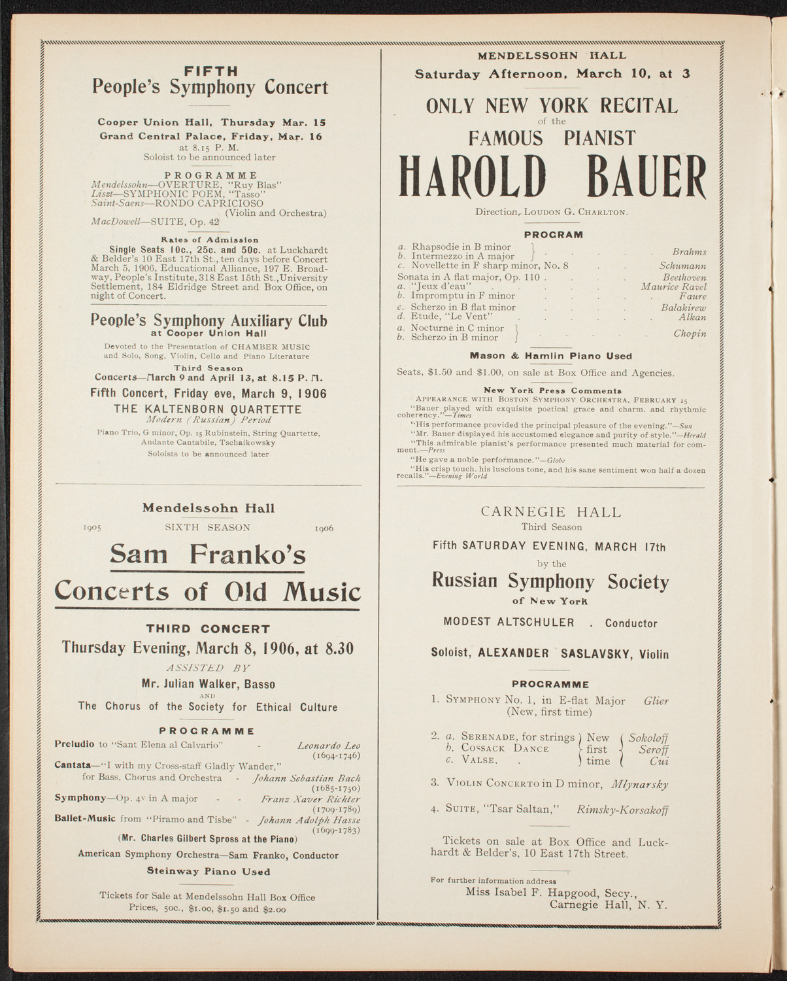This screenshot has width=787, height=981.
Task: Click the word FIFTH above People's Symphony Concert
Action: [x=210, y=71]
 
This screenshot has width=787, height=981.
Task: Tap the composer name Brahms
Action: [x=689, y=252]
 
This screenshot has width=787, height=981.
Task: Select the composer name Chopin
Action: [x=690, y=334]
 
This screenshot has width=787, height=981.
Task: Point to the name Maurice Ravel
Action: [x=673, y=286]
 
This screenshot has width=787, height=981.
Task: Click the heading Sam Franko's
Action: [x=207, y=555]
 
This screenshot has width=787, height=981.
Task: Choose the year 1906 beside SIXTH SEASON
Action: [x=324, y=528]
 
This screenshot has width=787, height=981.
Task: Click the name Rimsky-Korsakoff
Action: [x=622, y=810]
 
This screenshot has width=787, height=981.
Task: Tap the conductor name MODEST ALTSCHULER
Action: [x=510, y=623]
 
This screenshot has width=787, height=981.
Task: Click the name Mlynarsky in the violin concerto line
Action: [x=640, y=783]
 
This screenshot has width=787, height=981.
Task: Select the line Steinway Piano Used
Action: [x=209, y=872]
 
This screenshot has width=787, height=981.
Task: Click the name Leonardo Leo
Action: [x=329, y=746]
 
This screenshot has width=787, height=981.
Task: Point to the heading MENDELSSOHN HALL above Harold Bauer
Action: [x=552, y=56]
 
